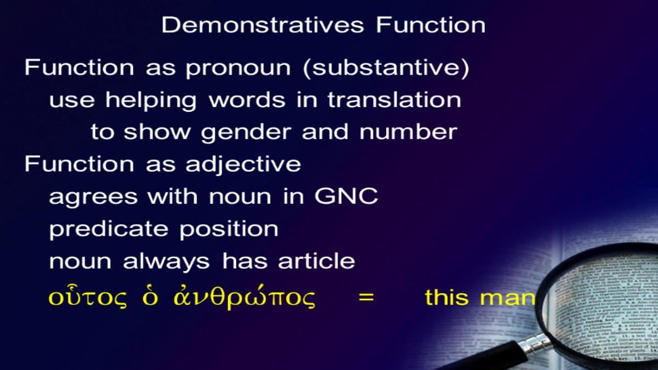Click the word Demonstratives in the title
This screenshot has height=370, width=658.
[x=263, y=25]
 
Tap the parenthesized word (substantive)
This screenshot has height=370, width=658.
[x=386, y=68]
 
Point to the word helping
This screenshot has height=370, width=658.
[x=151, y=100]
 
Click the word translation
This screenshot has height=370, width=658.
[x=394, y=100]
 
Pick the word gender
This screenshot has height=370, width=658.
[x=246, y=133]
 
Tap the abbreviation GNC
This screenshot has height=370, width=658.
[x=347, y=196]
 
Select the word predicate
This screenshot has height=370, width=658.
[x=109, y=229]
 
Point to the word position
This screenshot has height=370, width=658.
[x=229, y=229]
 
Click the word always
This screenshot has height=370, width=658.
[x=166, y=262]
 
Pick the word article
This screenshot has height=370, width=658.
[x=317, y=260]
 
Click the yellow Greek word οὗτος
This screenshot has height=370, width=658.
[x=88, y=297]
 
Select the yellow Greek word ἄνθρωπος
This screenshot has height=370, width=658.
[x=245, y=297]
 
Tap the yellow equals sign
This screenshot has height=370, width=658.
[x=366, y=297]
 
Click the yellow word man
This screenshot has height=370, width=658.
[x=508, y=298]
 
